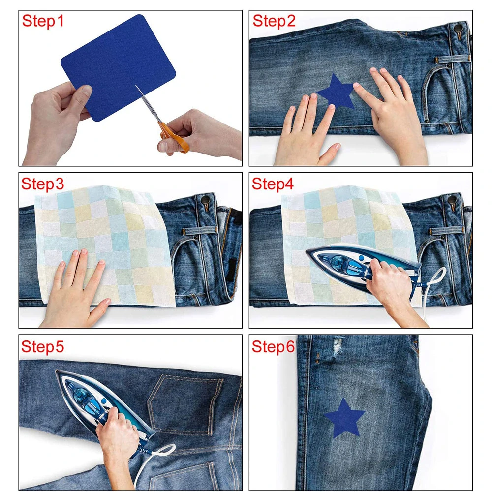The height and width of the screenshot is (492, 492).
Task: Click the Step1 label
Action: point(43,21)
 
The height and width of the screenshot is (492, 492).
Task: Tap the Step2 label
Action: point(274,21)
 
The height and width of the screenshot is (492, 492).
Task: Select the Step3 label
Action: point(43,184)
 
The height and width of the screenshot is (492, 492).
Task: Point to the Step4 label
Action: point(273,184)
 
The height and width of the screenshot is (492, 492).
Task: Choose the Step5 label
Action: point(43,347)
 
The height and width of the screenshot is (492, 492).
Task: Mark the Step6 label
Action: point(273,347)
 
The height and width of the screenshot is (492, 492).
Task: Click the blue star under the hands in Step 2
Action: point(336,91)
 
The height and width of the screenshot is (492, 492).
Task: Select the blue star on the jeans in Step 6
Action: point(345,418)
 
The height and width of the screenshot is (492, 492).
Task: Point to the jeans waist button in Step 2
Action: point(459,29)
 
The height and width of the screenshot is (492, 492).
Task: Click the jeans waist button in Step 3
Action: point(205,199)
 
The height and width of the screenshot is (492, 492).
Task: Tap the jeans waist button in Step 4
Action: point(452,199)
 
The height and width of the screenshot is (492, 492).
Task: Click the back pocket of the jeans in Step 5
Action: point(185,405)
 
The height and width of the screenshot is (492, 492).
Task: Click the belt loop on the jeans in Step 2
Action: point(452,60)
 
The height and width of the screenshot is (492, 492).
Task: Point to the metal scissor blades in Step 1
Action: point(148,103)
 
